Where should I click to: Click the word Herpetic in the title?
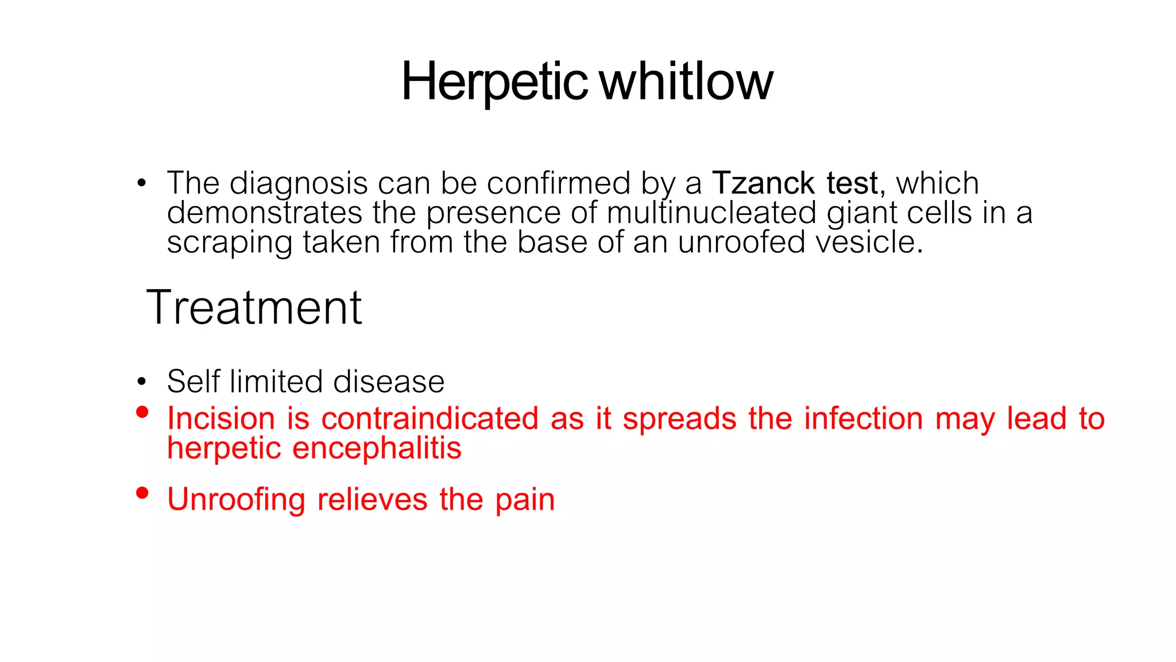click(x=494, y=82)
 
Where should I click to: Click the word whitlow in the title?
click(x=686, y=82)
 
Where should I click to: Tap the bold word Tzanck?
click(x=763, y=184)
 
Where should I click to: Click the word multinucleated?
click(x=711, y=213)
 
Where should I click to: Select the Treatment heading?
click(x=254, y=308)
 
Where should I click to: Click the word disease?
click(x=389, y=382)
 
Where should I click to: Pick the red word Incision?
click(x=221, y=418)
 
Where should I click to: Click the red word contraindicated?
click(x=430, y=418)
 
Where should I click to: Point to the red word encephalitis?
click(x=377, y=448)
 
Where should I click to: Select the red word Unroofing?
click(x=236, y=499)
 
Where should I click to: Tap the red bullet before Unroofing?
click(x=142, y=493)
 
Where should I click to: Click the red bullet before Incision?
click(x=142, y=412)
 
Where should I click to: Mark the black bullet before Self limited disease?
click(x=142, y=382)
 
